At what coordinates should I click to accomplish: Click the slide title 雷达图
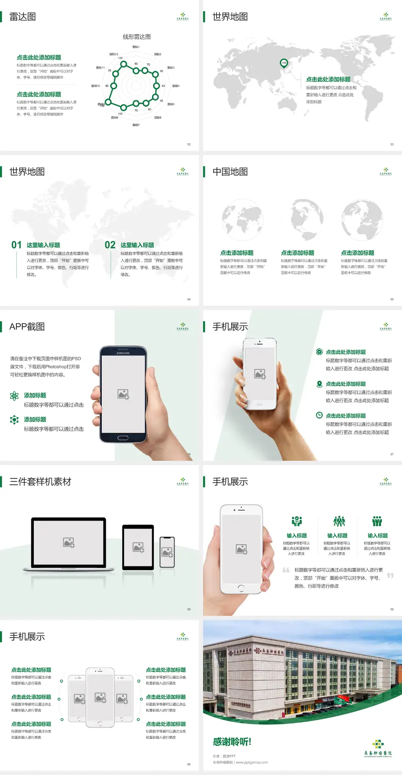(x=23, y=17)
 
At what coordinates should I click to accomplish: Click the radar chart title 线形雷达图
(x=137, y=37)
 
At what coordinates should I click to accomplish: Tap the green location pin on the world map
(x=284, y=63)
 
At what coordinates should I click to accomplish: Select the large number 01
(x=16, y=245)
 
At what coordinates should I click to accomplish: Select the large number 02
(x=110, y=245)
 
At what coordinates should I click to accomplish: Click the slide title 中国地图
(x=230, y=172)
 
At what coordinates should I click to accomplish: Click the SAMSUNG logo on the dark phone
(x=123, y=353)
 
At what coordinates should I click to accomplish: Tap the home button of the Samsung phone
(x=123, y=438)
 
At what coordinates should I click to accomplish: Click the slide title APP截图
(x=27, y=327)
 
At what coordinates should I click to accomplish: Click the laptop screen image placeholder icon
(x=69, y=542)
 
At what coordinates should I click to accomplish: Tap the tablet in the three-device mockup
(x=138, y=547)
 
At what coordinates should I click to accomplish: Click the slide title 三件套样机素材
(x=40, y=482)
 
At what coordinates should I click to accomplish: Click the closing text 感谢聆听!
(x=232, y=742)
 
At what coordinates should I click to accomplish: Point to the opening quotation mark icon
(x=286, y=570)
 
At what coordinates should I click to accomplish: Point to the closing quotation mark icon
(x=390, y=576)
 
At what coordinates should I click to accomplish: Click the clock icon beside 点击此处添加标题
(x=319, y=415)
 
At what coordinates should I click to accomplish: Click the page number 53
(x=392, y=144)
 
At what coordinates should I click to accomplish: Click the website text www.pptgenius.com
(x=252, y=762)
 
